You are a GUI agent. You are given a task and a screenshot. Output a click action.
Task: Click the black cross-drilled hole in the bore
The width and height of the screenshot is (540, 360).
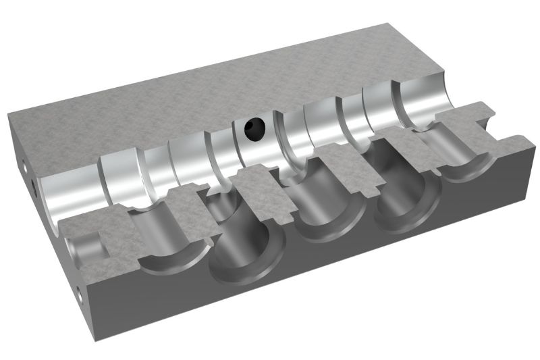255,127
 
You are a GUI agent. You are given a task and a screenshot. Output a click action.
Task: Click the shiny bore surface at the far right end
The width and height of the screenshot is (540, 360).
425,101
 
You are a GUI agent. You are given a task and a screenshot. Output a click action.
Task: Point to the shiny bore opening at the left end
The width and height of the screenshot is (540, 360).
67,196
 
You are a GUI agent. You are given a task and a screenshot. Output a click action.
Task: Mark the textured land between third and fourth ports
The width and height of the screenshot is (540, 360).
351,169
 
